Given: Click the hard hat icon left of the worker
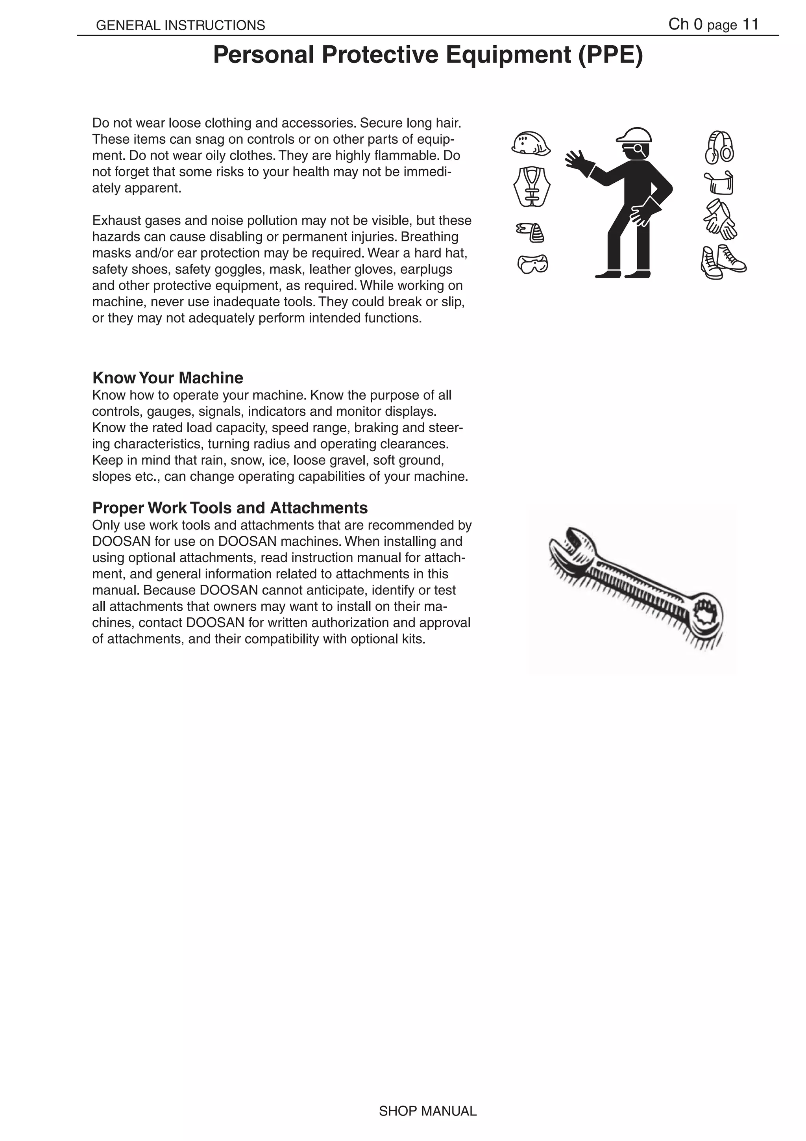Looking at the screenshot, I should tap(531, 144).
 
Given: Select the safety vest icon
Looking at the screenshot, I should tap(532, 187).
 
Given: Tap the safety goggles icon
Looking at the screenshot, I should tap(532, 264).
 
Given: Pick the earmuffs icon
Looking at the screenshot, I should tap(719, 148).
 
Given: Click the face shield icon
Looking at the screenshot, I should tap(719, 183).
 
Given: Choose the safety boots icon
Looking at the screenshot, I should tap(723, 262).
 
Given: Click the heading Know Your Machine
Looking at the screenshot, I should tap(168, 378).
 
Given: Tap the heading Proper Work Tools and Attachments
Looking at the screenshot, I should tap(230, 508).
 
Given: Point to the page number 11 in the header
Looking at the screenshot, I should tap(750, 24).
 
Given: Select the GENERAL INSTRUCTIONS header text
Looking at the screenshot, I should tap(180, 25).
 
